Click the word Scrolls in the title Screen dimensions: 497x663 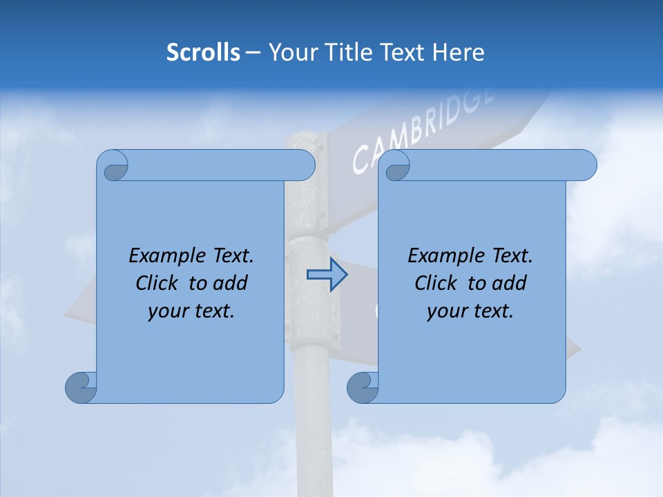tap(203, 52)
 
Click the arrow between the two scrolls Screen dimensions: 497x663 tap(327, 275)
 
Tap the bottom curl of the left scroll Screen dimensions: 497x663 tap(81, 387)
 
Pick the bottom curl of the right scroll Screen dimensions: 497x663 tap(363, 387)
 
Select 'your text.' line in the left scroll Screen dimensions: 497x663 tap(191, 311)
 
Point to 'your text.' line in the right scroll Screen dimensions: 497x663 tap(470, 311)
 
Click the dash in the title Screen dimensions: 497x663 tap(253, 53)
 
